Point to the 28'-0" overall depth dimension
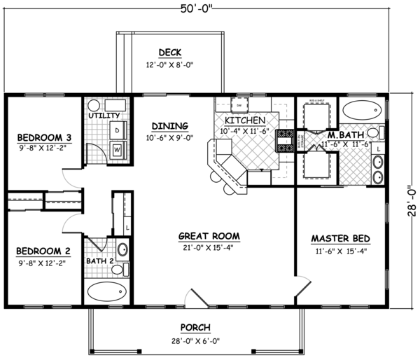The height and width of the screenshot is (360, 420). [413, 199]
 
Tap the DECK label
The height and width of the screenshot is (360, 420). [169, 53]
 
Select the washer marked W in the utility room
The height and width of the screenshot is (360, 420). [116, 148]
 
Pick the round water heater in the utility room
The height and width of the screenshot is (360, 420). [94, 105]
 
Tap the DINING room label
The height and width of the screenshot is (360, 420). [169, 126]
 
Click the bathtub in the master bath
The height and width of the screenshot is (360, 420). [361, 109]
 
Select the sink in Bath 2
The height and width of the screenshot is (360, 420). [122, 249]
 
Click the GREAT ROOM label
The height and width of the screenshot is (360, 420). [209, 236]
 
